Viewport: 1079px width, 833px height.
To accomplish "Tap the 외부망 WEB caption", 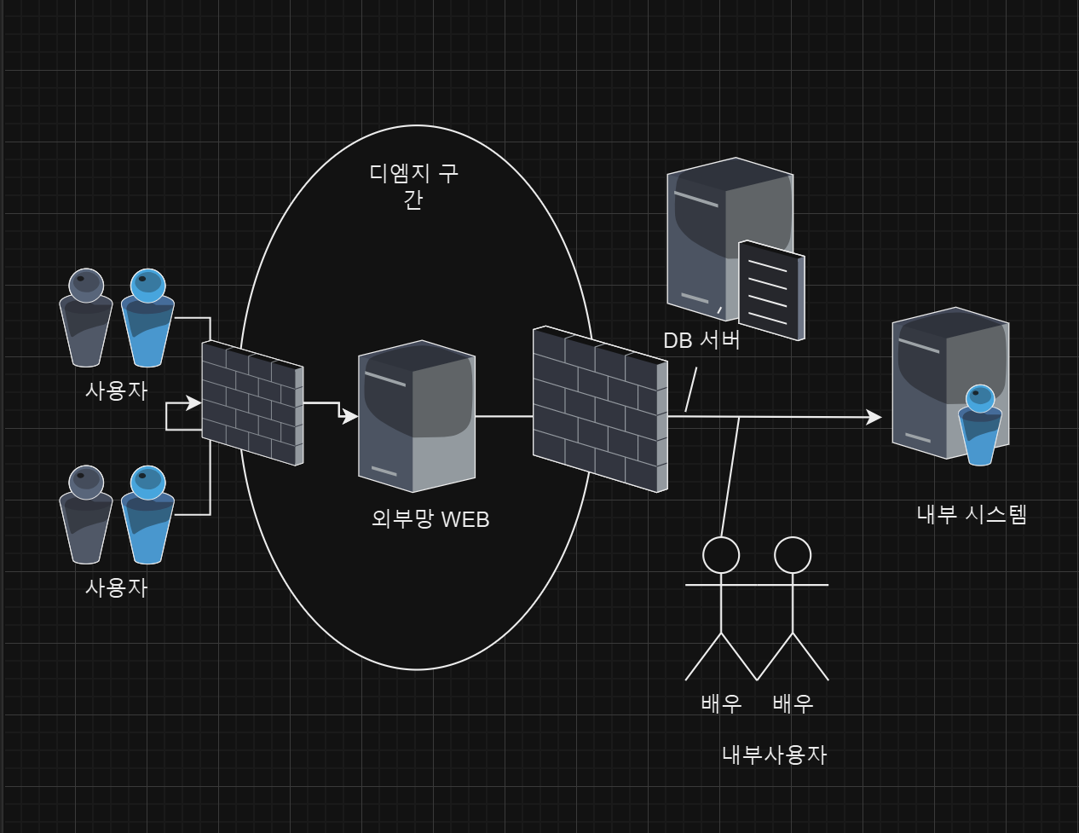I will [x=430, y=518].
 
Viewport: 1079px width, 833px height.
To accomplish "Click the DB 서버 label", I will [x=701, y=340].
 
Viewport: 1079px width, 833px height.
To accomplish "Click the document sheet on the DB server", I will [x=771, y=290].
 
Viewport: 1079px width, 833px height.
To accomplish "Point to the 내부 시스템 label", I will [x=972, y=514].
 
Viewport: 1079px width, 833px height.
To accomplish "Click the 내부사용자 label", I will [x=774, y=755].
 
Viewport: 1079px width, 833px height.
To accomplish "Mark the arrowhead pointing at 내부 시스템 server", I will [x=874, y=417].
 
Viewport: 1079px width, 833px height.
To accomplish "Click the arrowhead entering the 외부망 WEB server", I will [x=350, y=417].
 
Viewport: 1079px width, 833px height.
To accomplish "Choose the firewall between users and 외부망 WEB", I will [x=252, y=402].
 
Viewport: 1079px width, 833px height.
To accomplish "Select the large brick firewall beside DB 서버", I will [x=600, y=409].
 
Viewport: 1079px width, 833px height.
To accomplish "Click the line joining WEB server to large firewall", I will [x=504, y=416].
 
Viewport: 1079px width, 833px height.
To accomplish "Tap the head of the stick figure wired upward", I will [x=721, y=555].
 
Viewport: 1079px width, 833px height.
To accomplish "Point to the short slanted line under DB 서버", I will [x=691, y=389].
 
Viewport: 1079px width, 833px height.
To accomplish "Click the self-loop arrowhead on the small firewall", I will [x=194, y=403].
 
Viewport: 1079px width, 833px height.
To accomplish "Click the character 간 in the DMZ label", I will [x=413, y=200].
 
